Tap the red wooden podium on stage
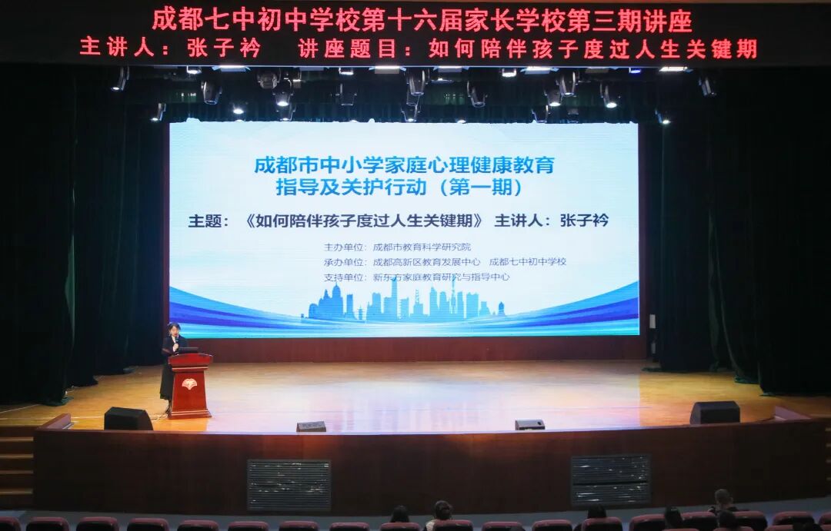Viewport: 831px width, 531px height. tap(189, 385)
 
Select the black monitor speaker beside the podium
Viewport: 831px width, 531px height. tap(127, 419)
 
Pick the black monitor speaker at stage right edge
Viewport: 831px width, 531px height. tap(714, 413)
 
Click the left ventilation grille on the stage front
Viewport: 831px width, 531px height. tap(289, 485)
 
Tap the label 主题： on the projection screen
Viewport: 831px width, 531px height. tap(209, 221)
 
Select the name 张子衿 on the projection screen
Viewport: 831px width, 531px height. tap(584, 221)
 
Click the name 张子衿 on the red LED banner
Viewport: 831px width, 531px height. tap(224, 48)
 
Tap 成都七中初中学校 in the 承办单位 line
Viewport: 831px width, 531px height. tap(527, 262)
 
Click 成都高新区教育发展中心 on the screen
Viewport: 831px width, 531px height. tap(426, 262)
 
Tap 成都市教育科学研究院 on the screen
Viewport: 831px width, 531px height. tap(421, 247)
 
